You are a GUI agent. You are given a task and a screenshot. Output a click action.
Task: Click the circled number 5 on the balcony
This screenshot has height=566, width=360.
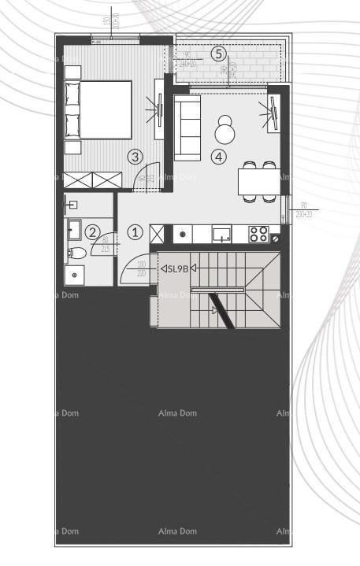pyautogui.click(x=219, y=54)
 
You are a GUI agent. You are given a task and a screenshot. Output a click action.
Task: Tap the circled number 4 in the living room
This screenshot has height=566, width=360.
pyautogui.click(x=220, y=157)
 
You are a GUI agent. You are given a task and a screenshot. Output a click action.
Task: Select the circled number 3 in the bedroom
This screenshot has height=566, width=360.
pyautogui.click(x=135, y=157)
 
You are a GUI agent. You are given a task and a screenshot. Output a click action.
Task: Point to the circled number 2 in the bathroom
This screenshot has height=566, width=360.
pyautogui.click(x=93, y=232)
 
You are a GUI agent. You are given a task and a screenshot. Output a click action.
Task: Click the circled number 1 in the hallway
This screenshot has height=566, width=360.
pyautogui.click(x=135, y=232)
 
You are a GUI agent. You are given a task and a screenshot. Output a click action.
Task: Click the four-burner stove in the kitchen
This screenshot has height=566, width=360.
pyautogui.click(x=258, y=233)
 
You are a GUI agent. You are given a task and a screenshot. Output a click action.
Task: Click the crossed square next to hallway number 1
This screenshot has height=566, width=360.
pyautogui.click(x=157, y=233)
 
